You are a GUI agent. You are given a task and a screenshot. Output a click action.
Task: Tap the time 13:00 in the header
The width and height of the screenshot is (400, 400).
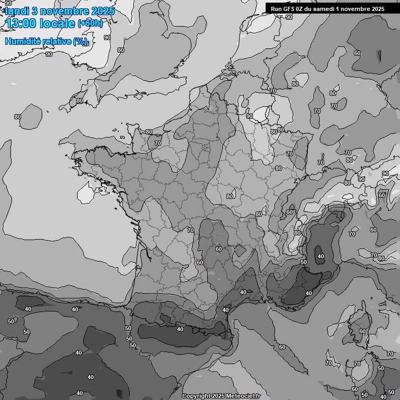pos(20,23)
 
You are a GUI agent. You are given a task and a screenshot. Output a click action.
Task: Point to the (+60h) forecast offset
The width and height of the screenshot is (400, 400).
pos(91,23)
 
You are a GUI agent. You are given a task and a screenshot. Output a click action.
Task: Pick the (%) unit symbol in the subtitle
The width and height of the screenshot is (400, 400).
pos(80,42)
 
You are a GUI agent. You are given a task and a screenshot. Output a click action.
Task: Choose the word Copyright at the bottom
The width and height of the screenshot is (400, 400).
pos(196,396)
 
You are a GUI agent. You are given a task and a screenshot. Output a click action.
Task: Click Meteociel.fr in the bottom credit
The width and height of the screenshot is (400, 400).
pos(243,396)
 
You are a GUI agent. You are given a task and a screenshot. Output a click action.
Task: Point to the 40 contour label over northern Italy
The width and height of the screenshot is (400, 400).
pos(320,256)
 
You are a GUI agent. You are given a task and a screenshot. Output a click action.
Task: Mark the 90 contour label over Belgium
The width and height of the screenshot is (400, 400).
pos(249,116)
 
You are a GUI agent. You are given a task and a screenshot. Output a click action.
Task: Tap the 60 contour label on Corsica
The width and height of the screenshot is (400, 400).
pos(362,331)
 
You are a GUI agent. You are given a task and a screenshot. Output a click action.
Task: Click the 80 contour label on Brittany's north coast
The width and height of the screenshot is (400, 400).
pos(149,132)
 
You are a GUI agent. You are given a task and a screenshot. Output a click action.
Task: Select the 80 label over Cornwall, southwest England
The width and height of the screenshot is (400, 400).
pos(79,101)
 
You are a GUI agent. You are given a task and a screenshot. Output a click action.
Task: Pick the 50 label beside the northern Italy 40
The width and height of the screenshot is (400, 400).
pos(304,262)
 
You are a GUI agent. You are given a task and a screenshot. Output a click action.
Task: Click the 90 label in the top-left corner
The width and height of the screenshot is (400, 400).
pos(8,3)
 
